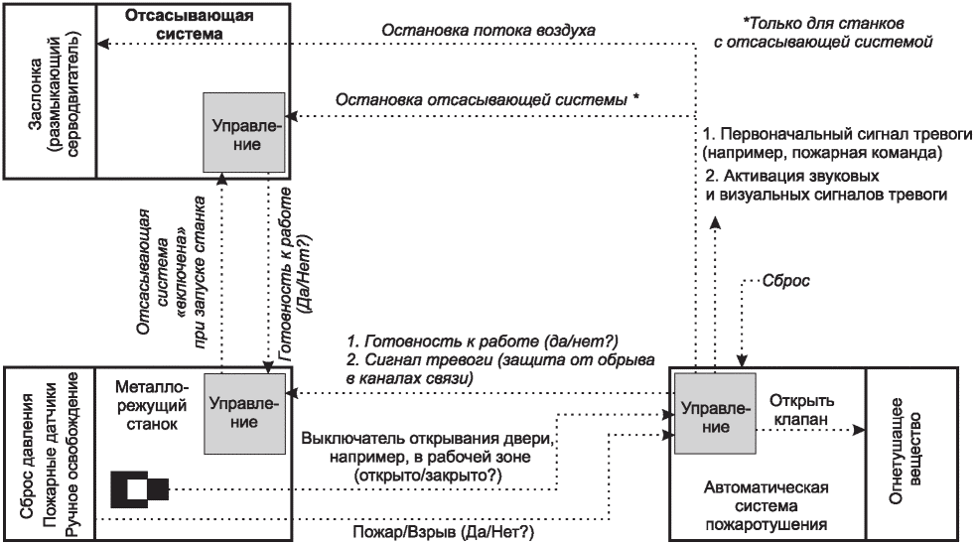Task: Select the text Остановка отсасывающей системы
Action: click(x=487, y=99)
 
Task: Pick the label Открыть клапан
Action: click(x=803, y=409)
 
